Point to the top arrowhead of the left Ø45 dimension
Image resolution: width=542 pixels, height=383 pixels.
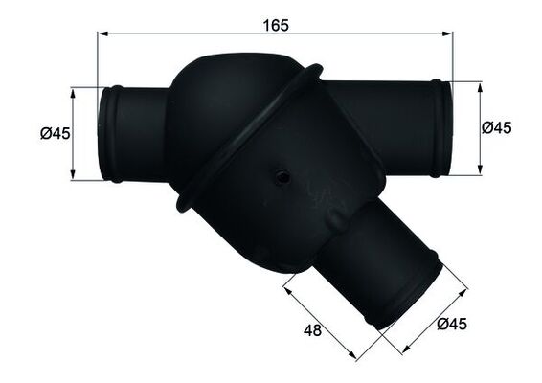[73, 91]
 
